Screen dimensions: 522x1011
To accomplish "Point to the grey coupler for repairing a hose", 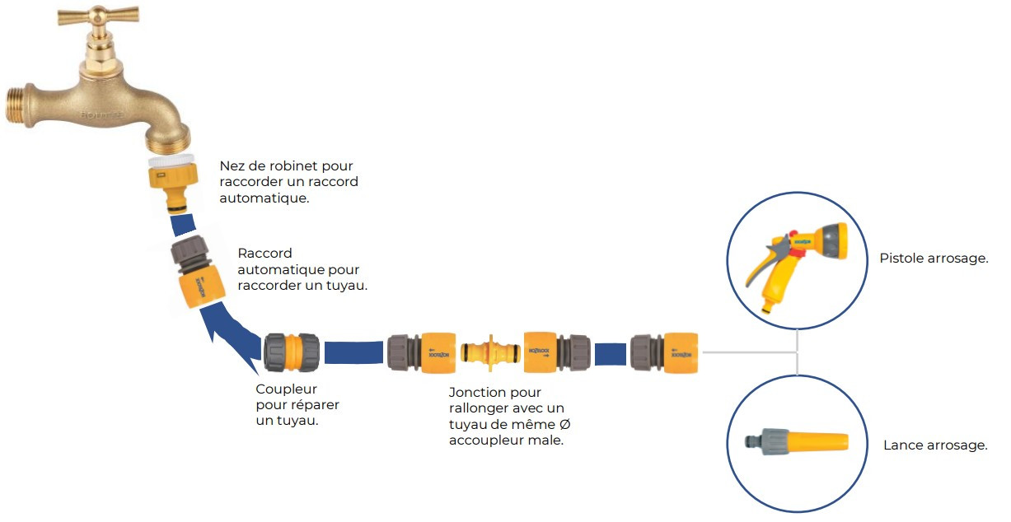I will (292, 353).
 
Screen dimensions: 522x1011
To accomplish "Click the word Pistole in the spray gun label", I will (902, 259).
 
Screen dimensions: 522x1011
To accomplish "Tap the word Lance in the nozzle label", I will (901, 445).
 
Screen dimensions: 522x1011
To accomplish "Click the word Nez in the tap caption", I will (232, 166).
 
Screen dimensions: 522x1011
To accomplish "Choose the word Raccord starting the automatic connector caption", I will (264, 254).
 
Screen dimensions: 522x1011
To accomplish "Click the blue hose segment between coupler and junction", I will (354, 352).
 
